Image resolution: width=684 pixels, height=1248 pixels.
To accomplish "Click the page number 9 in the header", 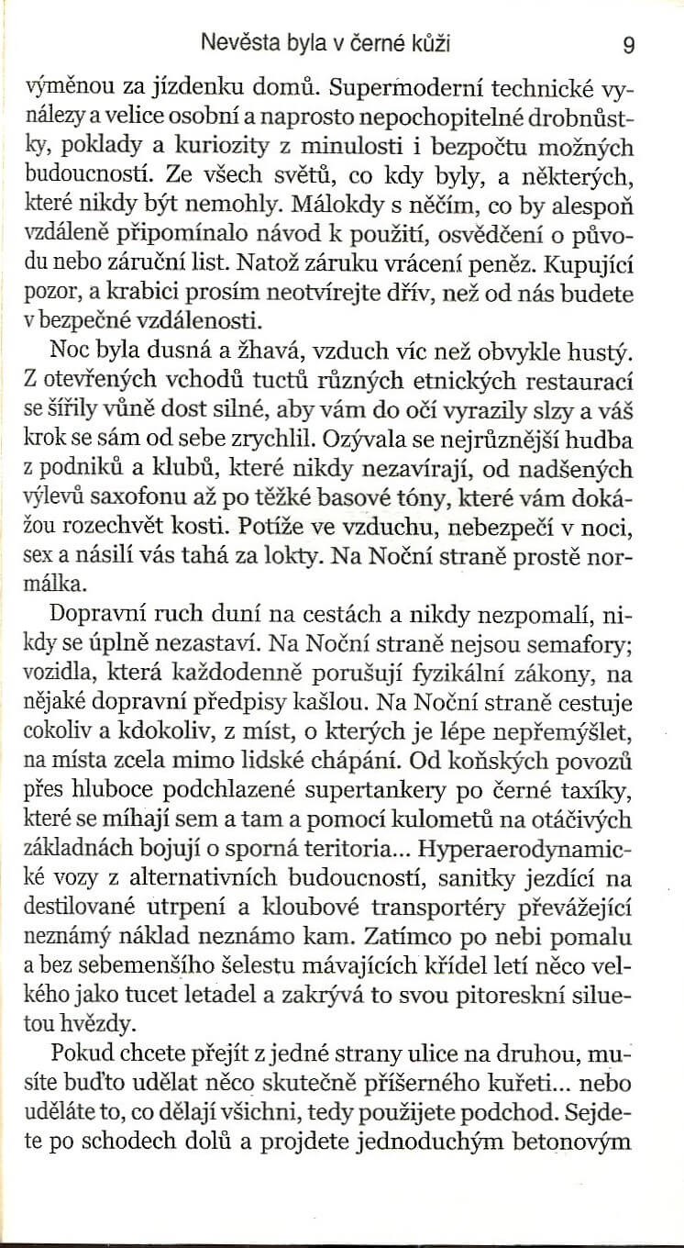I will (x=627, y=43).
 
